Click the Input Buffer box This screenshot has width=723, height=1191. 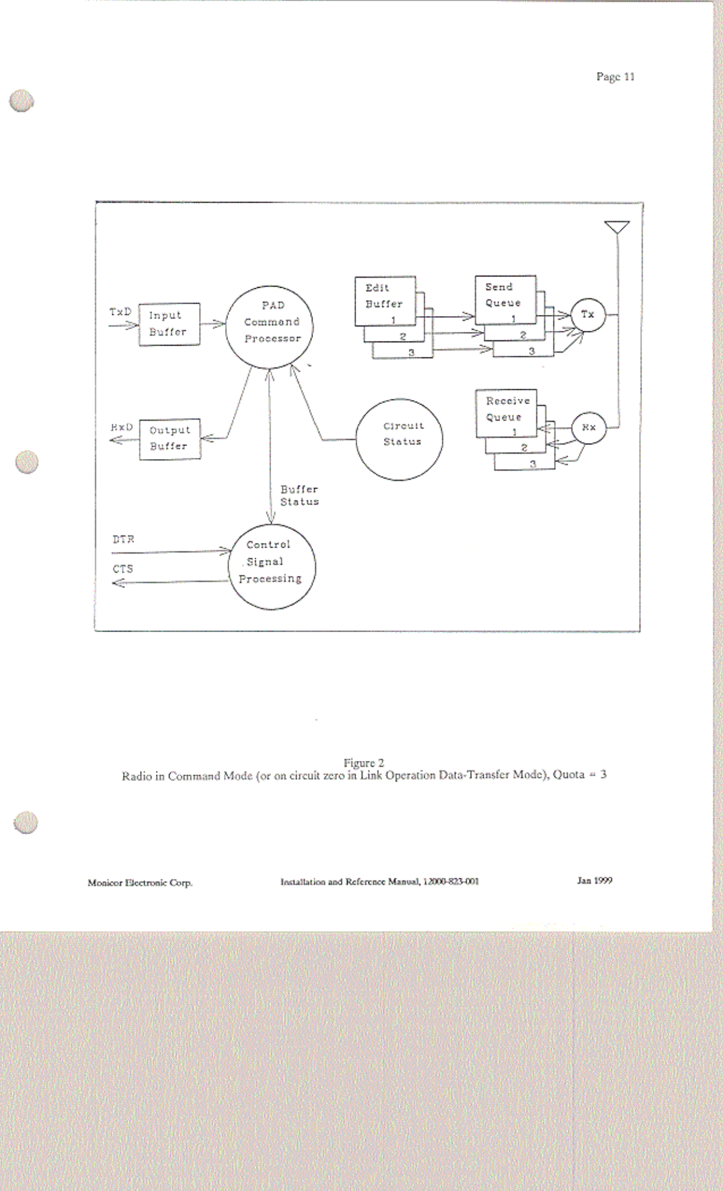tap(169, 324)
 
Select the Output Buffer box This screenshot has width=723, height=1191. tap(170, 438)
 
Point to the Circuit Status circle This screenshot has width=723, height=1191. tap(399, 439)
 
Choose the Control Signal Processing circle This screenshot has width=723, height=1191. tap(272, 567)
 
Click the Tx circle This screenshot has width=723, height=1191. tap(588, 314)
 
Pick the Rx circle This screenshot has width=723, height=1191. tap(589, 427)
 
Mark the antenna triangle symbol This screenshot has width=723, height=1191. tap(617, 227)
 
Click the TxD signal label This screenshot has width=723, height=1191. tap(120, 312)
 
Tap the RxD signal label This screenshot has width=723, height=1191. tap(122, 427)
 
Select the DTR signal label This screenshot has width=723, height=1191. tap(123, 539)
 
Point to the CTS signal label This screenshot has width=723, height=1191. tap(123, 569)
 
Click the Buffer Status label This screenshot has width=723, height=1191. tap(299, 496)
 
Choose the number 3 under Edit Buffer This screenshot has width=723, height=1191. tap(412, 352)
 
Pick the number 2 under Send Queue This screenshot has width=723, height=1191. tap(523, 335)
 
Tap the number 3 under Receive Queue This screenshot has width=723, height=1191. tap(533, 464)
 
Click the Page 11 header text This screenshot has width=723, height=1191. tap(615, 77)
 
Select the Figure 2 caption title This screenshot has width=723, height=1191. tap(364, 763)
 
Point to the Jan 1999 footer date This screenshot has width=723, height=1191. tap(594, 880)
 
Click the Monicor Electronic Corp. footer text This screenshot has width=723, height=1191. tap(140, 883)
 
